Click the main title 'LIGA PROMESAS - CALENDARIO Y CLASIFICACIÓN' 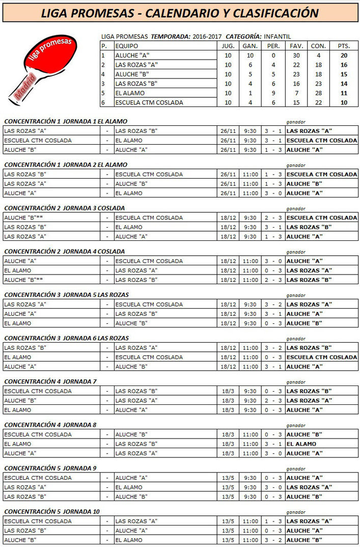coord(180,13)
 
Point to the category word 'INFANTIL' coord(278,37)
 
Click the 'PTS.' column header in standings coord(344,46)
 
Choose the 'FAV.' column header coord(296,46)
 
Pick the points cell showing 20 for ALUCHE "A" coord(344,55)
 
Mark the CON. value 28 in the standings coord(318,93)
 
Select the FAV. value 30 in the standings coord(296,55)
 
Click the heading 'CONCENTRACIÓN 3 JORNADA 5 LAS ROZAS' coord(66,295)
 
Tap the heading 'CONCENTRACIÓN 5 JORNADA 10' coord(52,511)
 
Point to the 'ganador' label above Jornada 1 coord(296,122)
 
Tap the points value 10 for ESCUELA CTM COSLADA coord(344,102)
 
